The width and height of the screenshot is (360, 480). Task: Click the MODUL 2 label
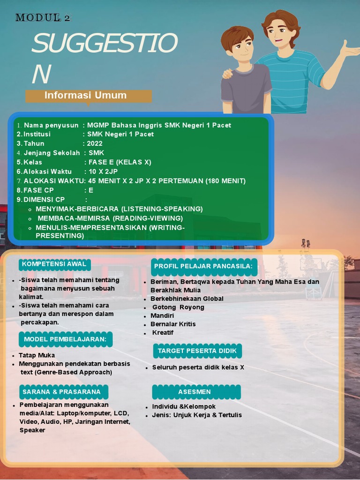click(x=43, y=18)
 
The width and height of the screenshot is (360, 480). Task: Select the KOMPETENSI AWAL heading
click(x=54, y=264)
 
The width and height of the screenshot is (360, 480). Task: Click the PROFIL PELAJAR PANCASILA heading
click(x=203, y=266)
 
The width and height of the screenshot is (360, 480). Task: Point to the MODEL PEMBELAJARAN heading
click(x=65, y=339)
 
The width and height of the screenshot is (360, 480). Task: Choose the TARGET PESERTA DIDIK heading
click(x=197, y=351)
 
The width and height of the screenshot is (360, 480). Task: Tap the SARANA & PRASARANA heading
click(x=61, y=392)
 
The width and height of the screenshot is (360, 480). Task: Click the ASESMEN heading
click(x=195, y=392)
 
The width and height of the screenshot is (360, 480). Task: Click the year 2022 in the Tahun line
click(x=95, y=143)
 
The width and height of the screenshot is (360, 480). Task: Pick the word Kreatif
click(x=163, y=332)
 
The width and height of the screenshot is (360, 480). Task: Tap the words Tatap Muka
click(x=37, y=355)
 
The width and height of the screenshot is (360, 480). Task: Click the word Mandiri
click(x=162, y=315)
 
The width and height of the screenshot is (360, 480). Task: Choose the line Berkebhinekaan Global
click(x=187, y=299)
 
